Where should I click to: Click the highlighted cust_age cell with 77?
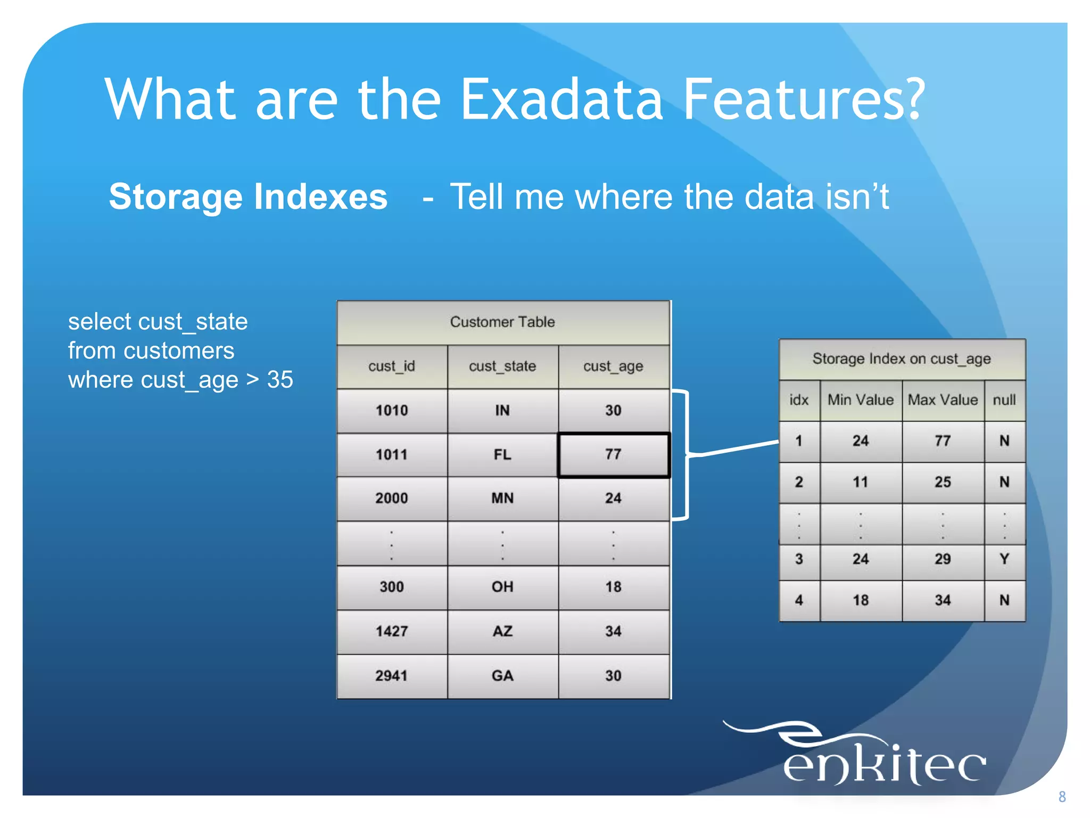[613, 454]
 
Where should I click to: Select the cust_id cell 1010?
[392, 410]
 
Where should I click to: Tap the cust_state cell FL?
[502, 454]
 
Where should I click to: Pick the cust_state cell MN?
[502, 498]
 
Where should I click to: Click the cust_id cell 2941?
[392, 676]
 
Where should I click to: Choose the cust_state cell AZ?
[502, 631]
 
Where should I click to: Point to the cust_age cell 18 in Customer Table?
[613, 587]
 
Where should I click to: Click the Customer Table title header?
[502, 322]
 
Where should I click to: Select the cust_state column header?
[502, 366]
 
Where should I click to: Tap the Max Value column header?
[943, 400]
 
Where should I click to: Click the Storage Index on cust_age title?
[902, 358]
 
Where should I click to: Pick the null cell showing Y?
[1004, 559]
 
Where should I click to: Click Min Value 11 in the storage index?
[861, 482]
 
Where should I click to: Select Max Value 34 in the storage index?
[943, 600]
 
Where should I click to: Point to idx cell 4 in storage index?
[799, 600]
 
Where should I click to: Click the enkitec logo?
[873, 756]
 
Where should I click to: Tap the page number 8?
[1062, 797]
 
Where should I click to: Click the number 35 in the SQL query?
[280, 380]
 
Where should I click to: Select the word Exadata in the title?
[561, 99]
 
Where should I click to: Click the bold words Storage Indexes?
[248, 197]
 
